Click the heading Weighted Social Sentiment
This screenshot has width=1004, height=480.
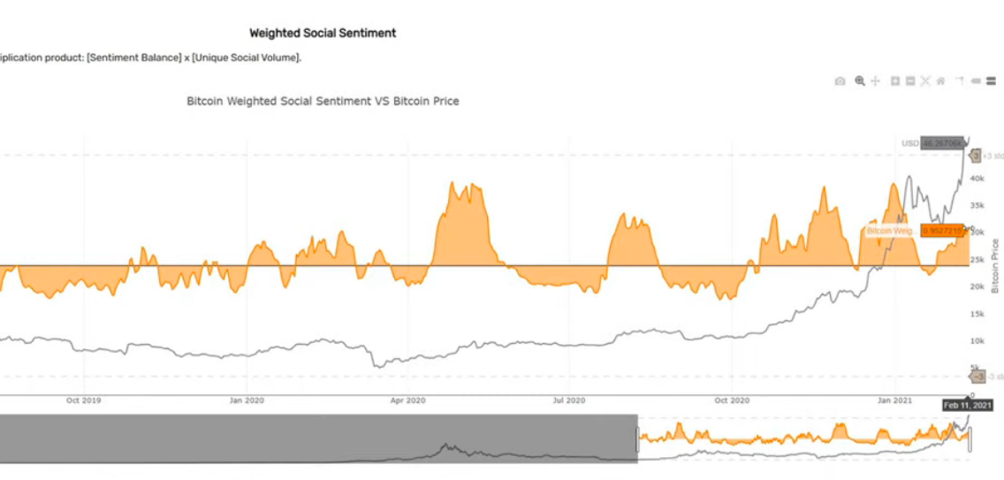(323, 33)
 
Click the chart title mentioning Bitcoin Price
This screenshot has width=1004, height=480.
(323, 101)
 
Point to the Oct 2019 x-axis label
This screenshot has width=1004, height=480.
(84, 400)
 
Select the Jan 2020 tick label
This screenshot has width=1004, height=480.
(247, 400)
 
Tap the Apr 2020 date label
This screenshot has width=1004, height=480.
(408, 400)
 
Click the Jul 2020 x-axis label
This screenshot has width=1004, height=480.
(569, 400)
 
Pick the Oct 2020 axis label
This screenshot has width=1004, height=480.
(732, 400)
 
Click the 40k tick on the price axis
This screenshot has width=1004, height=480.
(976, 179)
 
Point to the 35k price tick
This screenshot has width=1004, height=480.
(976, 206)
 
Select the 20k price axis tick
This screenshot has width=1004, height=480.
(976, 287)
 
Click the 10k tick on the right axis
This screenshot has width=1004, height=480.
(976, 341)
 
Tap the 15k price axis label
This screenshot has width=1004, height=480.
(976, 315)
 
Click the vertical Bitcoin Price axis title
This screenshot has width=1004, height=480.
(994, 265)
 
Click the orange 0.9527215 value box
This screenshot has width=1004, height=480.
(941, 231)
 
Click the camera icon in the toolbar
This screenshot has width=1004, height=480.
(840, 81)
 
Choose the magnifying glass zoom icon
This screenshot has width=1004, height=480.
(860, 81)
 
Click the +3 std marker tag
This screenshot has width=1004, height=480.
(976, 156)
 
